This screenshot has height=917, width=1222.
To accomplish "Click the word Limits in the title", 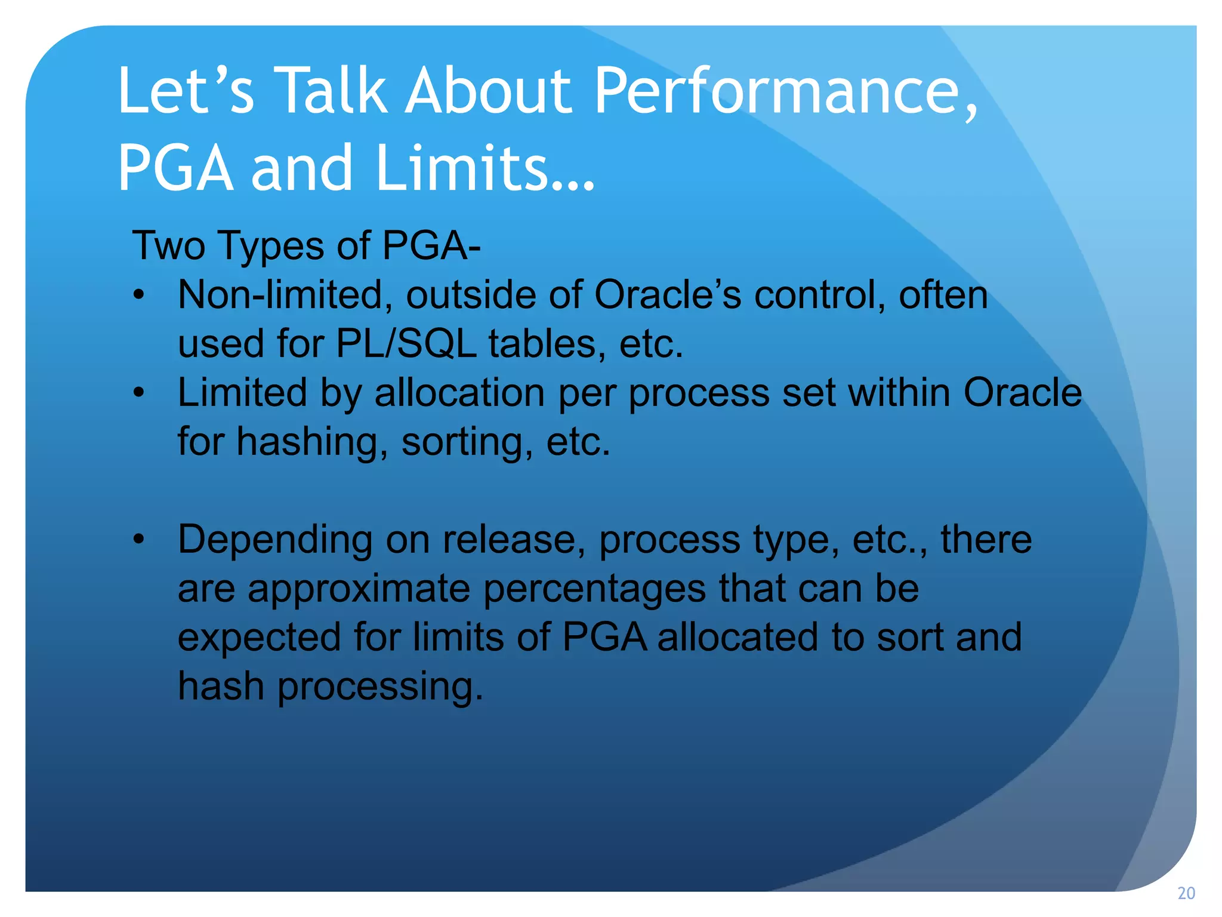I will point(483,169).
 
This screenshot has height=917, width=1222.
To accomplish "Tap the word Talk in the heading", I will point(332,91).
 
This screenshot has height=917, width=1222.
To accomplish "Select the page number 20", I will point(1186,894).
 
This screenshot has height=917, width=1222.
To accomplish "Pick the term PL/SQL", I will point(406,344).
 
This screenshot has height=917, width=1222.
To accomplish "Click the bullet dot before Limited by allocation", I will point(139,393).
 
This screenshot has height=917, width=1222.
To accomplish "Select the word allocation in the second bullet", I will point(460,393).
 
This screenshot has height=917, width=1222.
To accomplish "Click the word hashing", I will point(308,442).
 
